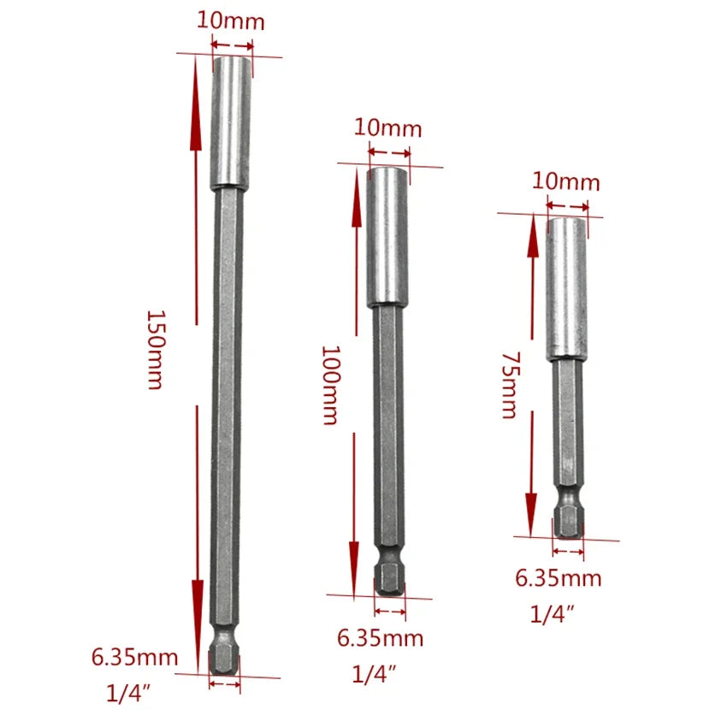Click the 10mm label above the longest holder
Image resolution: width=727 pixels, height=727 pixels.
pos(231,21)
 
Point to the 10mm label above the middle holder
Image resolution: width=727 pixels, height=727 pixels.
pos(388,128)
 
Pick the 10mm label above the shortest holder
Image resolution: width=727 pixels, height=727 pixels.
pos(566,182)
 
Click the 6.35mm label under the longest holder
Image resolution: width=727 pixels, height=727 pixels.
pos(135,658)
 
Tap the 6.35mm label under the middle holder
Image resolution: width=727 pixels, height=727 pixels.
pos(381,638)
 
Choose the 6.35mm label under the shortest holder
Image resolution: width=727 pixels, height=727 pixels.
pos(558,578)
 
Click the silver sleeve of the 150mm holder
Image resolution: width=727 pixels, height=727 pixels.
pos(230,122)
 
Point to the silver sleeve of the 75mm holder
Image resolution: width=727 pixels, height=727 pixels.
pos(567,287)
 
